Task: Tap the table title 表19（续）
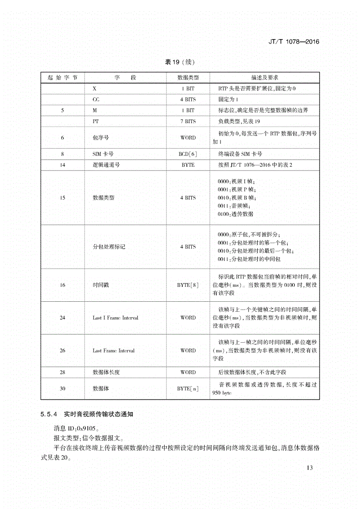(x=180, y=62)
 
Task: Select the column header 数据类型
(x=188, y=78)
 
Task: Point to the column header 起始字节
(x=62, y=78)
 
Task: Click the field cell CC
(x=96, y=99)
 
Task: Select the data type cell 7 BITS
(x=188, y=121)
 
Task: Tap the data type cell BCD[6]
(x=188, y=154)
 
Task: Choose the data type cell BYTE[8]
(x=188, y=285)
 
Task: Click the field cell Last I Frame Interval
(x=115, y=318)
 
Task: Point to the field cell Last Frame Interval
(x=113, y=351)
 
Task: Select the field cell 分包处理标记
(x=109, y=247)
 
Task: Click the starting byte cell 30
(x=62, y=389)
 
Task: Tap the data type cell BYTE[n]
(x=188, y=389)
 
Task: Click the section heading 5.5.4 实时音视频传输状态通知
(x=86, y=414)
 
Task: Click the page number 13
(x=310, y=468)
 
